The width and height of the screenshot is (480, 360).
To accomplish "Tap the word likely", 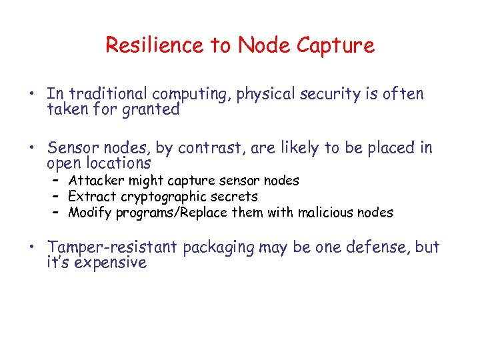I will coord(297,148).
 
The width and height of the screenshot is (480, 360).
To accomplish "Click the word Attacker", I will coord(95,180).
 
